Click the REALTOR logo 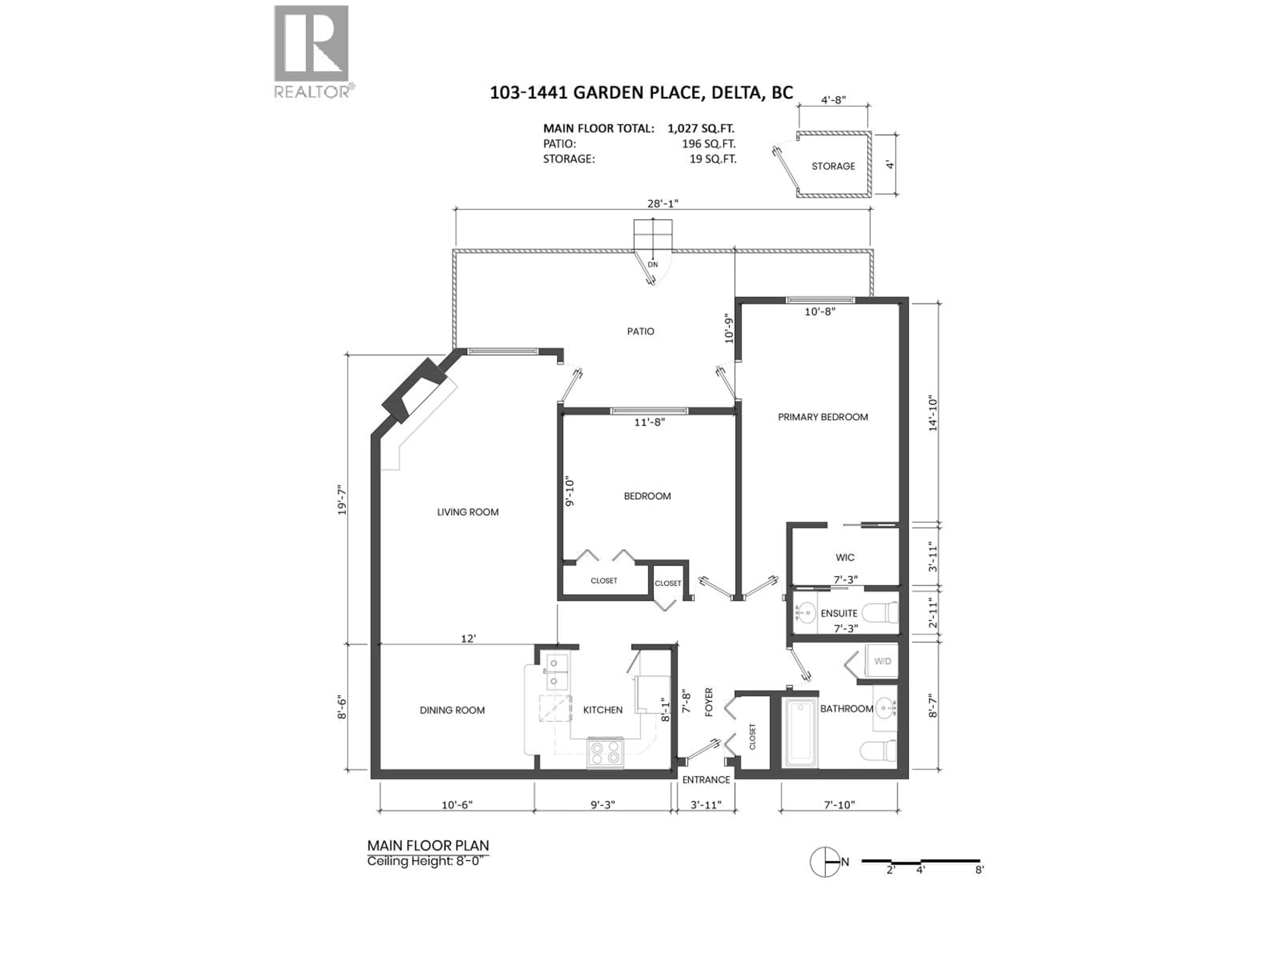coord(311,52)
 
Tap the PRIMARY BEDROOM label coord(822,417)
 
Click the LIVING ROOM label coord(468,512)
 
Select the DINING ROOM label coord(452,710)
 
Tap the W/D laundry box coord(882,661)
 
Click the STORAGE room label coord(833,166)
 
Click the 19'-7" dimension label coord(343,501)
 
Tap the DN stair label coord(653,264)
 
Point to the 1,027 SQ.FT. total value coord(700,128)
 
